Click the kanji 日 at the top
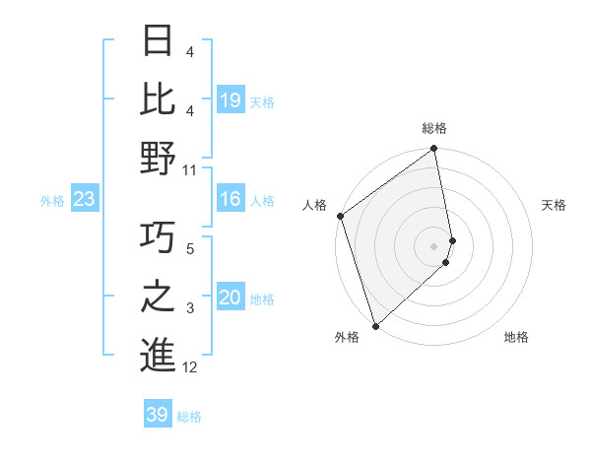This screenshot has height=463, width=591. [x=159, y=41]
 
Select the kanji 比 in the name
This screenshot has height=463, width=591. [x=159, y=99]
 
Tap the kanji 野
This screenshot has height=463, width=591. [x=159, y=159]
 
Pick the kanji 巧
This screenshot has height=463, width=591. [x=159, y=237]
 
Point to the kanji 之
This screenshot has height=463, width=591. [x=159, y=297]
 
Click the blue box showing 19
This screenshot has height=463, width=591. [x=230, y=99]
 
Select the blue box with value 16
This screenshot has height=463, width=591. [x=230, y=200]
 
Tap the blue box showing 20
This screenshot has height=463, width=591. [x=230, y=298]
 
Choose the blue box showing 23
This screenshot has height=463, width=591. [x=85, y=200]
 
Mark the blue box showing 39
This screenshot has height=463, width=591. [x=158, y=415]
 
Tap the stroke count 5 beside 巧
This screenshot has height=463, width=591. [x=190, y=249]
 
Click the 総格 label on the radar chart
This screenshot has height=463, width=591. [x=434, y=128]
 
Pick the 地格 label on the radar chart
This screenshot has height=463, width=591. [x=516, y=337]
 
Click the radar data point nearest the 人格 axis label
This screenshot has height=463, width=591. [x=340, y=216]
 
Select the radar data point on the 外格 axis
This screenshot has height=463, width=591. [x=375, y=325]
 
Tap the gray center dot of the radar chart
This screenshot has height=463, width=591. [x=434, y=245]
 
